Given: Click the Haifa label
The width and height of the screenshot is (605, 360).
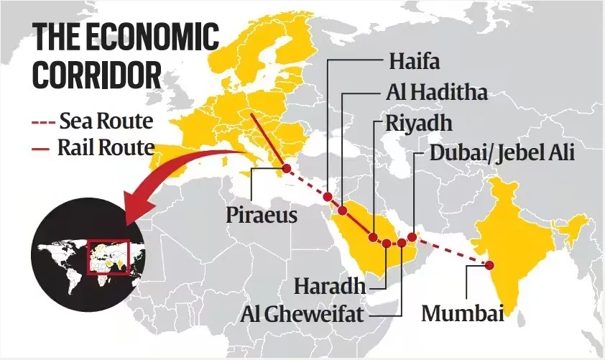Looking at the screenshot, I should [415, 61].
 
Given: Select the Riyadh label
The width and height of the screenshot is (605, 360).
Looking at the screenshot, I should [419, 123].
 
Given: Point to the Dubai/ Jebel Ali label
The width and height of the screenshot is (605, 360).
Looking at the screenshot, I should [502, 153].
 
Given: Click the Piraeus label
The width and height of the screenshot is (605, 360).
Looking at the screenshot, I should [262, 214].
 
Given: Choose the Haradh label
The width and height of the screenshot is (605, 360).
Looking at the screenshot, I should [330, 286].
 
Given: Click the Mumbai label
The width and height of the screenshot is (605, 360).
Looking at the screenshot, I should [460, 314].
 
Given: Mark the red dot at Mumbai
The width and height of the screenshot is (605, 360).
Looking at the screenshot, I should [490, 265].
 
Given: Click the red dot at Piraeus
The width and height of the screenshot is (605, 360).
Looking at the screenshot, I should [286, 168].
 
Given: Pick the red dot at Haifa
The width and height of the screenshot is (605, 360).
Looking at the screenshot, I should [328, 196].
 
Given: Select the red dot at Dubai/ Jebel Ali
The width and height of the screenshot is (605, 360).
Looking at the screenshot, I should [412, 236].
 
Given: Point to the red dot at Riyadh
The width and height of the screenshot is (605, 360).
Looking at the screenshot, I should [373, 236].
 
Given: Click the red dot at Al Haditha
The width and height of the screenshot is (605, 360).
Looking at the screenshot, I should [343, 211].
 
